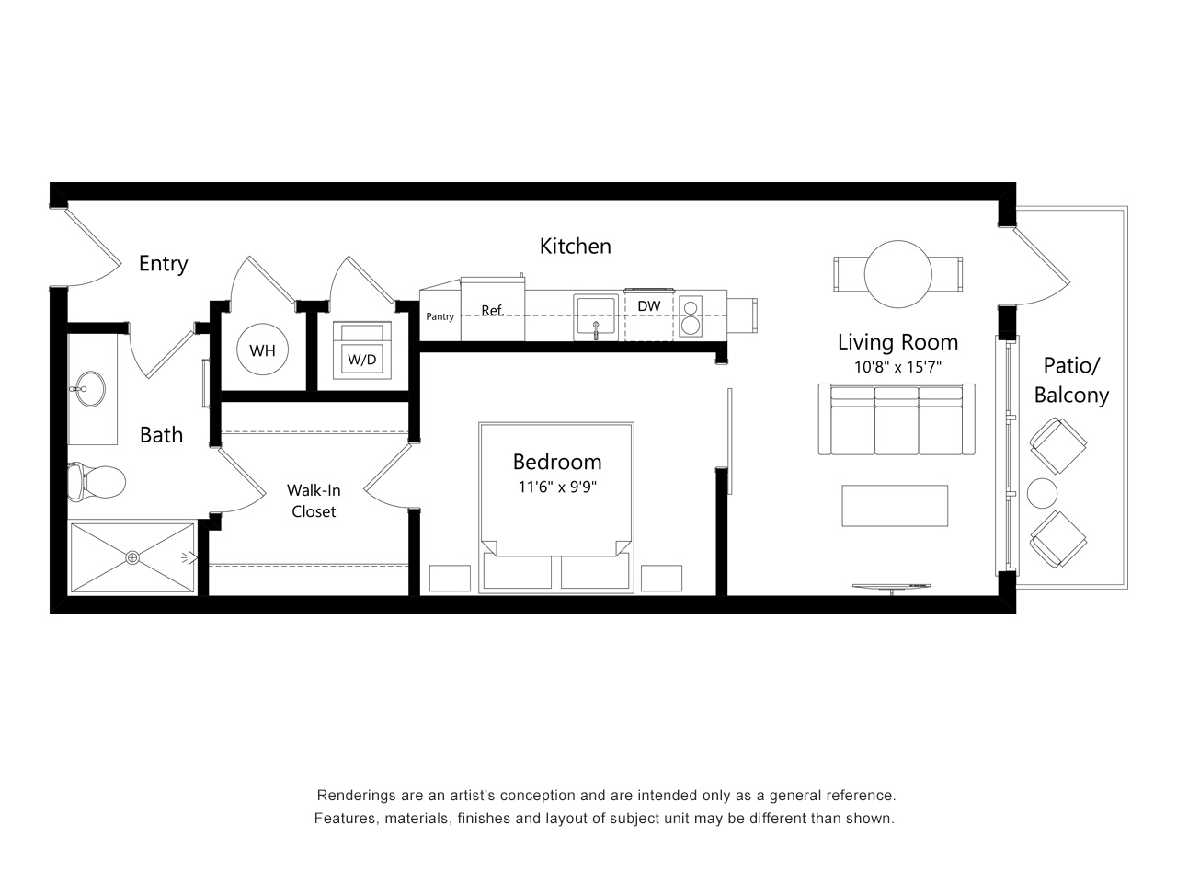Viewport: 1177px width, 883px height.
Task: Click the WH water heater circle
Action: click(x=262, y=349)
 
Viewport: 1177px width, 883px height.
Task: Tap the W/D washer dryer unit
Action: click(x=362, y=350)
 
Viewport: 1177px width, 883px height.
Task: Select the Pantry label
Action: click(x=440, y=316)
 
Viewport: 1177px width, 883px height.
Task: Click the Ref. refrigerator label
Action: click(x=493, y=310)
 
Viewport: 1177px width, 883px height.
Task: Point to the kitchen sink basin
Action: click(x=596, y=316)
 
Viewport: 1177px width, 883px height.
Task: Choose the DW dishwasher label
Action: click(x=649, y=306)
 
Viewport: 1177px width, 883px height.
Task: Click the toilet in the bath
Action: click(x=97, y=482)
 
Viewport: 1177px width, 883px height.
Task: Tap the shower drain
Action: click(x=131, y=558)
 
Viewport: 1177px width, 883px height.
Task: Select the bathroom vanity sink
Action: click(x=89, y=389)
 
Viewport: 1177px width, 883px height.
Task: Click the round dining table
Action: click(x=897, y=274)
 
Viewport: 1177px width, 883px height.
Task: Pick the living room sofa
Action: click(x=897, y=419)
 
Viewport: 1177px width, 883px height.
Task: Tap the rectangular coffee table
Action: click(x=895, y=506)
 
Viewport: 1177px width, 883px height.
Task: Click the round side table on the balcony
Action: click(x=1042, y=493)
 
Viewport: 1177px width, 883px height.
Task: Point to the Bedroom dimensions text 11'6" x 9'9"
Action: click(x=557, y=487)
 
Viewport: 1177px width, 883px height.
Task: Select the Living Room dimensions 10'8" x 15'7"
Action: click(x=897, y=367)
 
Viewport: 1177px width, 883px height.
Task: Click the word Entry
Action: click(x=164, y=264)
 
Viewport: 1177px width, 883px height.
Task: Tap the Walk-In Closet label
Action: click(x=314, y=500)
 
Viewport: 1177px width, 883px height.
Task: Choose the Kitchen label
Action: click(x=576, y=247)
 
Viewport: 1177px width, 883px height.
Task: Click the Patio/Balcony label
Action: click(x=1071, y=380)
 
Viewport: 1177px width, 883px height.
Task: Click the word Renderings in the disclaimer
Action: click(x=349, y=796)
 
